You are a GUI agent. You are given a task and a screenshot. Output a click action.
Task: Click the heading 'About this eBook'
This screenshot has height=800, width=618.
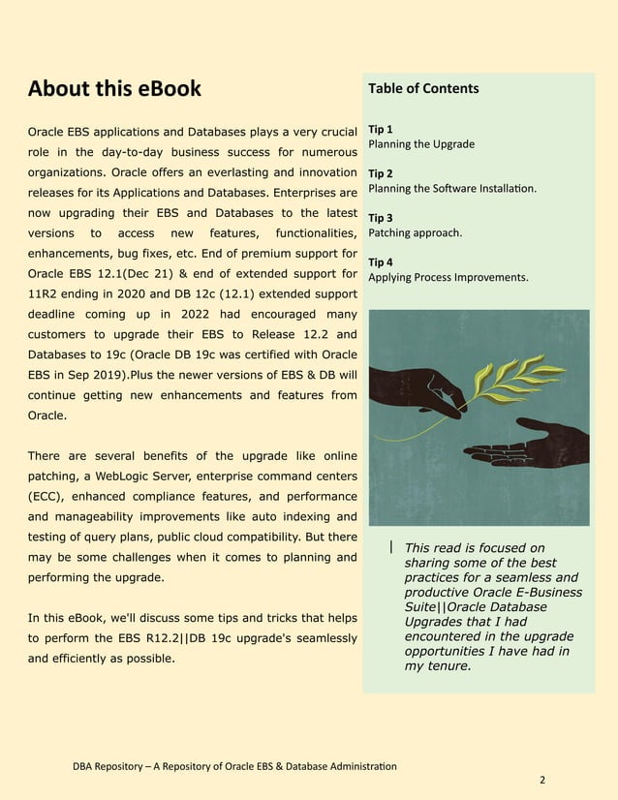[x=114, y=89]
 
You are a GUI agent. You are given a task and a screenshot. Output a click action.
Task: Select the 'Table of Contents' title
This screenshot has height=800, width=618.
[x=423, y=88]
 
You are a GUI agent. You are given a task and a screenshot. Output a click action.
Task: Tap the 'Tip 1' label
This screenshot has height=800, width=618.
[x=381, y=129]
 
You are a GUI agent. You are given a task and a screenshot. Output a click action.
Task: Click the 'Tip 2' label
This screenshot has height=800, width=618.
[x=381, y=173]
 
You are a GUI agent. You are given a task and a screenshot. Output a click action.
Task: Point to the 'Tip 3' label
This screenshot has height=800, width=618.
[x=381, y=218]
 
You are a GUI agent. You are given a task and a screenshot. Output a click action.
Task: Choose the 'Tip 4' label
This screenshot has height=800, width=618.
[x=381, y=262]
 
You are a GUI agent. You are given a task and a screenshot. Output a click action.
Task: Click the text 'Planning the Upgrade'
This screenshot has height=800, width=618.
[x=421, y=144]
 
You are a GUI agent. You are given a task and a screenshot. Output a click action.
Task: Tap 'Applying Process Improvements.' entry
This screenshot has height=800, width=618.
[x=448, y=277]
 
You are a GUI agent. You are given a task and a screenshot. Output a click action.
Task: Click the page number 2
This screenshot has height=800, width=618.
[x=542, y=779]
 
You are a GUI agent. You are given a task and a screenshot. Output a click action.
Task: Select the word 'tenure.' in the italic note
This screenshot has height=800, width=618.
[x=445, y=666]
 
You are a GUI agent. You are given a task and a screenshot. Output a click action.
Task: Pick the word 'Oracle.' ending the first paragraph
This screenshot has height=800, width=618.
[x=47, y=415]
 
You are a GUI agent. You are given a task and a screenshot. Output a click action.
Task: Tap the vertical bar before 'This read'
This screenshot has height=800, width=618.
[x=390, y=547]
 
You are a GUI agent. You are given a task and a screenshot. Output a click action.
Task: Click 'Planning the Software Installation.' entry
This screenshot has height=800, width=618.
[x=452, y=189]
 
